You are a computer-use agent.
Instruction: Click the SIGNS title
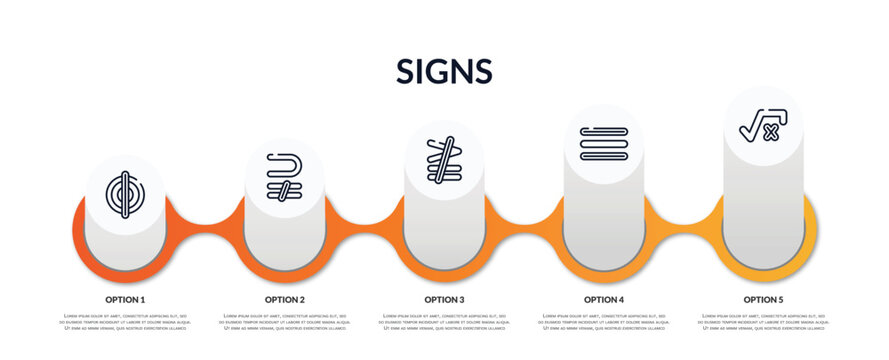point(444,71)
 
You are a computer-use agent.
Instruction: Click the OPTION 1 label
point(125,299)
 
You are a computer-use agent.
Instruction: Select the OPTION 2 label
point(285,299)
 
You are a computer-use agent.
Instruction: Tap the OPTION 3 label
point(444,299)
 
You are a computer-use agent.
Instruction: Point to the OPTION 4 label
point(604,299)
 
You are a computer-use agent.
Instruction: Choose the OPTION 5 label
point(763,299)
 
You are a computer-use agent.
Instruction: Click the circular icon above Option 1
point(125,194)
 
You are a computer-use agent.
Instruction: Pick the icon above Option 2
point(285,177)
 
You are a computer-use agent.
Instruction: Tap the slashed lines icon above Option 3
point(444,160)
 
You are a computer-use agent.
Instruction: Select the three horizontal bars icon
point(604,144)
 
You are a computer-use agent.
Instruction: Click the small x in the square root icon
point(770,133)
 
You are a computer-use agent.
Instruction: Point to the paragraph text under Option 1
point(125,321)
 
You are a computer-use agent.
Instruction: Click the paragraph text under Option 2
point(285,321)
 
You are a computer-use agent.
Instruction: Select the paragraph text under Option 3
point(444,321)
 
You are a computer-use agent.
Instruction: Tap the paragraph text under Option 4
point(604,321)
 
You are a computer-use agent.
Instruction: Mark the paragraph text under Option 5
point(763,321)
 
